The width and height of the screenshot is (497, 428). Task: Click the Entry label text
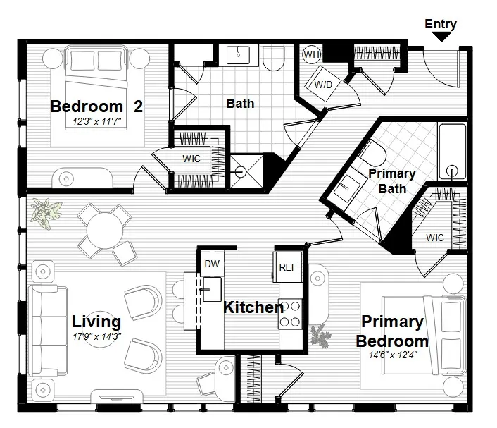click(x=441, y=24)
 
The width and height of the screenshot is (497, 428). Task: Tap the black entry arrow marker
click(x=441, y=37)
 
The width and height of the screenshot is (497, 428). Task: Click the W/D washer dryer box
click(x=322, y=84)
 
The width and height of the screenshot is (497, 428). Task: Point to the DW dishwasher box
click(x=211, y=264)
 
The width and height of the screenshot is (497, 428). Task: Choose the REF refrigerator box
click(x=288, y=267)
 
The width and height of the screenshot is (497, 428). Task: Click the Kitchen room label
click(x=253, y=307)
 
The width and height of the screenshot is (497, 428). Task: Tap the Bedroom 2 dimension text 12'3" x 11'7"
click(x=97, y=122)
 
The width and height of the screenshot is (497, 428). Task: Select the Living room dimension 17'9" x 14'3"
click(x=97, y=336)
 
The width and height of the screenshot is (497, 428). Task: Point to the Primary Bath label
click(x=391, y=181)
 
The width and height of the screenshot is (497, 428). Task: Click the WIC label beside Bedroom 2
click(x=191, y=159)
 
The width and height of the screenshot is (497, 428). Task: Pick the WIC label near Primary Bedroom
click(x=434, y=238)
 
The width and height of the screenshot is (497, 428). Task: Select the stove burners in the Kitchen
click(x=289, y=314)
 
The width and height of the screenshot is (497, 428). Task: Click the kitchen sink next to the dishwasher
click(x=210, y=288)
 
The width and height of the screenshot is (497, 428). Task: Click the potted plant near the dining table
click(x=46, y=212)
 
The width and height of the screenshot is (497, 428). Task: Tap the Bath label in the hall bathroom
click(x=240, y=104)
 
